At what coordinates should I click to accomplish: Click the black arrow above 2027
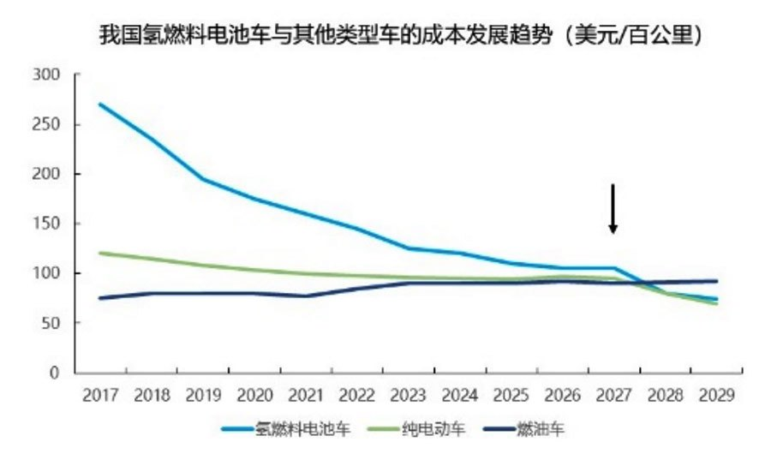[613, 208]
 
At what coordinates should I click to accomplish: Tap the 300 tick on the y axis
[46, 75]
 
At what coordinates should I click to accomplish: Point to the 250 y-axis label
[46, 124]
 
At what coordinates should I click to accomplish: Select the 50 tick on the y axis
[51, 323]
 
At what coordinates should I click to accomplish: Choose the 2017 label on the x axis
[100, 397]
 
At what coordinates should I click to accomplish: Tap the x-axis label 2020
[254, 397]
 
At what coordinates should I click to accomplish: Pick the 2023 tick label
[408, 397]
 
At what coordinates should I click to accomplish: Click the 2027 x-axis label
[613, 397]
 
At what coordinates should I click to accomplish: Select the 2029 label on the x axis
[716, 397]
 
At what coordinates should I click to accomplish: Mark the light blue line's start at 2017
[100, 105]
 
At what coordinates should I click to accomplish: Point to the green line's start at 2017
[100, 253]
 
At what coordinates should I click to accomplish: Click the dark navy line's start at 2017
[100, 298]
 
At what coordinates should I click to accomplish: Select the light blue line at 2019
[203, 179]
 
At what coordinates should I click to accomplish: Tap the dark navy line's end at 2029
[716, 281]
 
